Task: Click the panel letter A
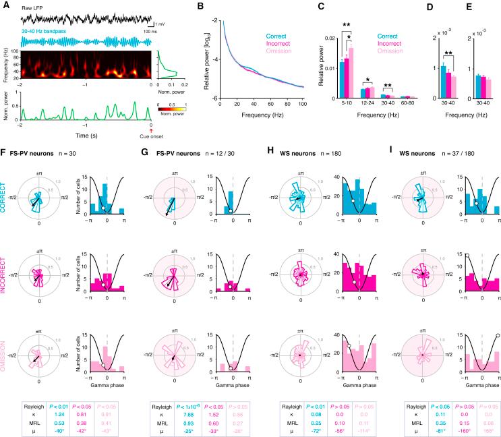[x=5, y=5]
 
